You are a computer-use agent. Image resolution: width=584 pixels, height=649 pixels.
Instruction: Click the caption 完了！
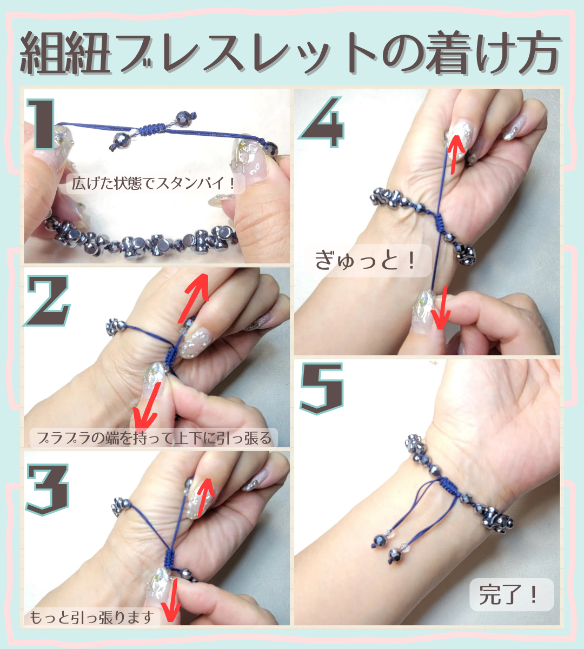point(512,595)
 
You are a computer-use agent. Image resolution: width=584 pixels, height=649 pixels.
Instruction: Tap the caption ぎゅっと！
point(366,261)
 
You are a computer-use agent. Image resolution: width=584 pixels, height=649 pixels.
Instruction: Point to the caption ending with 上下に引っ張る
point(154,437)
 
